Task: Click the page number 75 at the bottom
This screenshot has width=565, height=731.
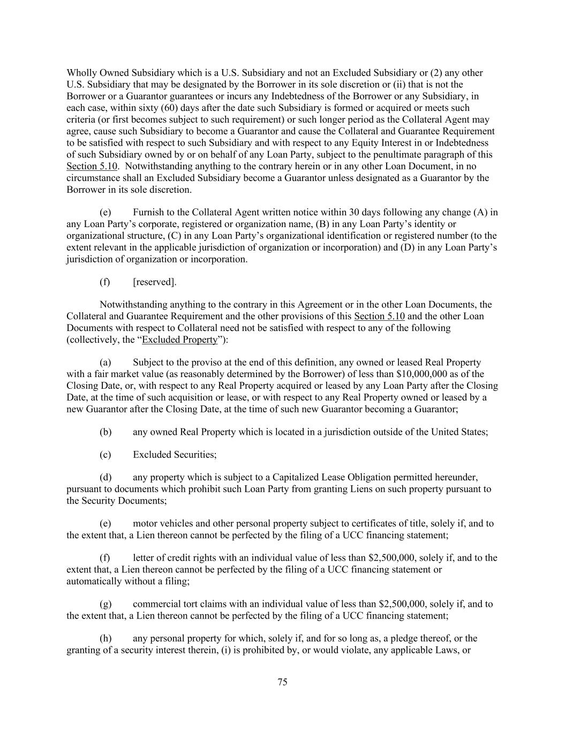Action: pos(282,682)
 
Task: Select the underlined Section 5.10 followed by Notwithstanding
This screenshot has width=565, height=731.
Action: pos(91,166)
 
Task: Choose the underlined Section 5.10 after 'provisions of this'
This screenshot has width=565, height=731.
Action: pos(379,316)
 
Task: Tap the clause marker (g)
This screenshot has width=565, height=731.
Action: pos(106,604)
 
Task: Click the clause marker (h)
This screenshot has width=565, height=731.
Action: pos(106,638)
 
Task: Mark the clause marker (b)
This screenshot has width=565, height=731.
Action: pos(106,432)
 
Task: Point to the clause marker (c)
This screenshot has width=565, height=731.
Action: pos(106,455)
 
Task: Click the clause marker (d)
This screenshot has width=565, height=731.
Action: pos(106,477)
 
